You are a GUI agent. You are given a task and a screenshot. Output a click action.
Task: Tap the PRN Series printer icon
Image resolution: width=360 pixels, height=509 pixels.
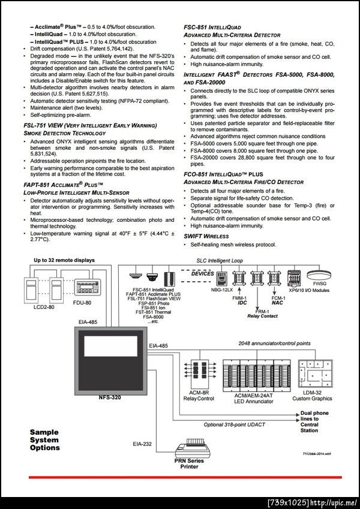188,448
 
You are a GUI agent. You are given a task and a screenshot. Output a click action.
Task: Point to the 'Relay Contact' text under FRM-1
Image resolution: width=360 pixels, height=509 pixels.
262,315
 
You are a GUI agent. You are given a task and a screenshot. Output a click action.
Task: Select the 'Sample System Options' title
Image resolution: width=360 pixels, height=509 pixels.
45,439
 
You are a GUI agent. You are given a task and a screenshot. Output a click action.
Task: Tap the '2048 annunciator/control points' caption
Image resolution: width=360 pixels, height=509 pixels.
266,343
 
